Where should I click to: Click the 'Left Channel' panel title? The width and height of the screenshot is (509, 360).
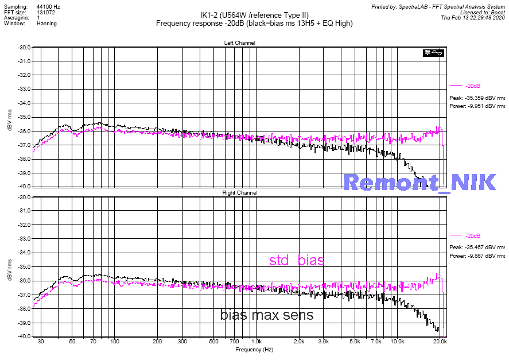[x=239, y=43]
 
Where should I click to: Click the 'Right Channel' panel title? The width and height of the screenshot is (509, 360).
[x=239, y=193]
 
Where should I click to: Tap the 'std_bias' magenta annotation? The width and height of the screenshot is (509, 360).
[x=297, y=261]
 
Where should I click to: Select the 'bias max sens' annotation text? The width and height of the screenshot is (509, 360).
[x=267, y=315]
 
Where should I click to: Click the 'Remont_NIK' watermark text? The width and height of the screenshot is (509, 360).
[x=419, y=182]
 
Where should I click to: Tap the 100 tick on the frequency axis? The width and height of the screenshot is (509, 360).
[x=115, y=341]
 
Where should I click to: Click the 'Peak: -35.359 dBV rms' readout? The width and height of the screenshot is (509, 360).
[x=477, y=97]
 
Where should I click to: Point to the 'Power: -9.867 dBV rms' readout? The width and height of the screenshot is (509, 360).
[x=477, y=256]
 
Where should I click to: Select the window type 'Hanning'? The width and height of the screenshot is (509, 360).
[x=46, y=24]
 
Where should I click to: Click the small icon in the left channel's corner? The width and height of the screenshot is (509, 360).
[x=433, y=53]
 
